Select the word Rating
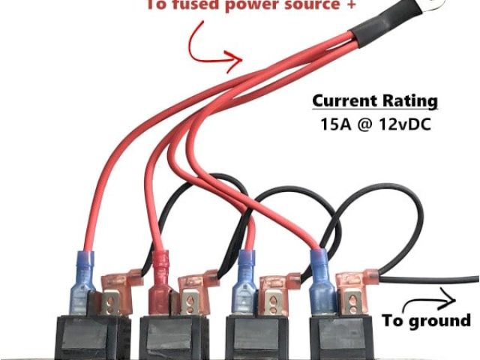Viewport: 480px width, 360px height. [410, 100]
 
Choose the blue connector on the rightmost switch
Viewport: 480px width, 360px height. [322, 281]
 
